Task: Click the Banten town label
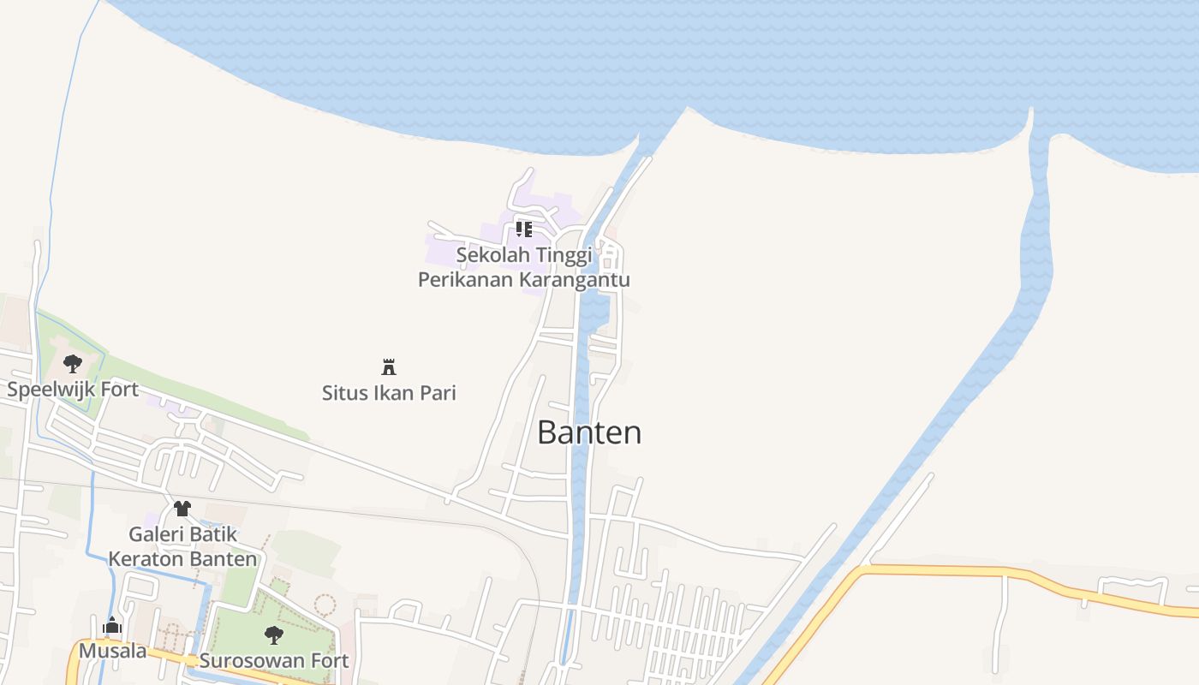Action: point(589,432)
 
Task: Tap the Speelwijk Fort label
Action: point(73,390)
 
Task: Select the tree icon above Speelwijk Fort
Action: point(73,363)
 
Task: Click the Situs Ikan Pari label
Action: point(389,393)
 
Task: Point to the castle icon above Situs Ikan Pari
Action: point(389,367)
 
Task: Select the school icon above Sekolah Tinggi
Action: point(523,229)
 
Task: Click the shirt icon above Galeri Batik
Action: point(182,509)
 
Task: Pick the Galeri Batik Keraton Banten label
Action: point(182,546)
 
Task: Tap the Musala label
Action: point(112,652)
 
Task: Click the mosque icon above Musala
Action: point(112,627)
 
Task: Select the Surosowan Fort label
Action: point(274,661)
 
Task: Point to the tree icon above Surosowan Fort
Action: point(274,635)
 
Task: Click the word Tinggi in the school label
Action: point(562,255)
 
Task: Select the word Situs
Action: point(343,393)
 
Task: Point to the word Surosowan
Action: point(254,661)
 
